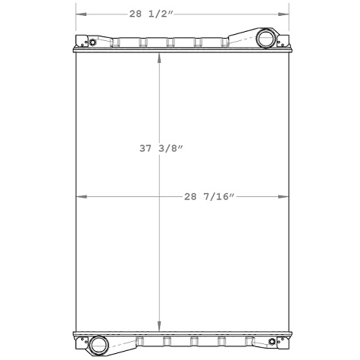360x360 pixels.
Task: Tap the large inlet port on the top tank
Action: pos(266,39)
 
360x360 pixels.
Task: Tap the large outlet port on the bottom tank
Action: pos(99,346)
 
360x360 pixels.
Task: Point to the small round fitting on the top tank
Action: pos(93,41)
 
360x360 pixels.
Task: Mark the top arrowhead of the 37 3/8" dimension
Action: pos(158,57)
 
